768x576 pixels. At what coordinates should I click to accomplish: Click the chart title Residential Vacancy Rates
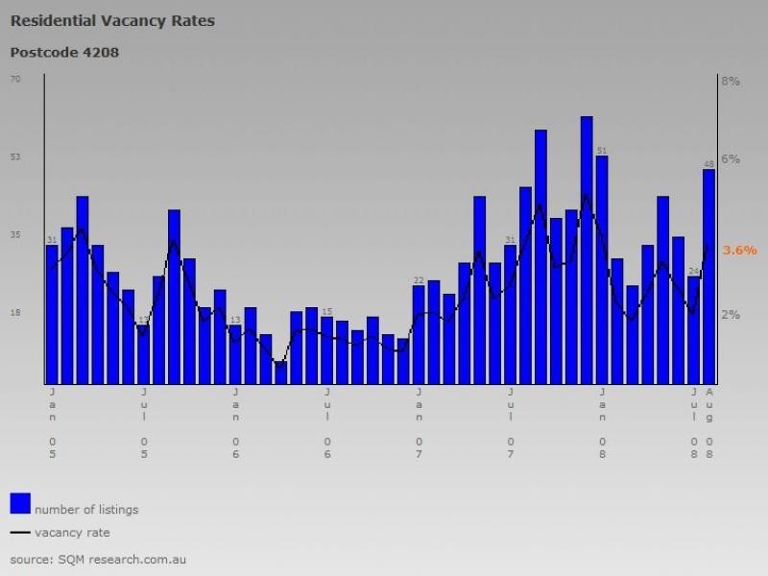pyautogui.click(x=112, y=21)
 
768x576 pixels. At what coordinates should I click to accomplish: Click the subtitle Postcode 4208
pyautogui.click(x=64, y=52)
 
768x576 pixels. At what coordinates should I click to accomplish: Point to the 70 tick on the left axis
pyautogui.click(x=15, y=79)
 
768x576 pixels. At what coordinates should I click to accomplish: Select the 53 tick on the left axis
pyautogui.click(x=15, y=156)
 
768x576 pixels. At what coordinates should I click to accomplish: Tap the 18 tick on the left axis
pyautogui.click(x=15, y=312)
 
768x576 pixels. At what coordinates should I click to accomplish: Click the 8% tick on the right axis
pyautogui.click(x=732, y=82)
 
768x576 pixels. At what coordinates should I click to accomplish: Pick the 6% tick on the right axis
pyautogui.click(x=732, y=159)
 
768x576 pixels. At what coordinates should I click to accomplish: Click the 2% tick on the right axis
pyautogui.click(x=732, y=315)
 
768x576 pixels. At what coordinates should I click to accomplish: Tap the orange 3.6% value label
pyautogui.click(x=739, y=251)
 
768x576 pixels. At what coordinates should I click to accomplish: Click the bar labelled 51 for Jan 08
pyautogui.click(x=602, y=269)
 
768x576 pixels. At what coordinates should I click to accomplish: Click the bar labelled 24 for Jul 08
pyautogui.click(x=694, y=330)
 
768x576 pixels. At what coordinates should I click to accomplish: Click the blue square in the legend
pyautogui.click(x=20, y=503)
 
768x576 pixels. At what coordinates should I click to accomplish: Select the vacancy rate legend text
pyautogui.click(x=72, y=532)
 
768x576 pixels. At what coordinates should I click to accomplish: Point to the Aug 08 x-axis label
pyautogui.click(x=709, y=422)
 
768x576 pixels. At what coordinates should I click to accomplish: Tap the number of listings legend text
pyautogui.click(x=86, y=509)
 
